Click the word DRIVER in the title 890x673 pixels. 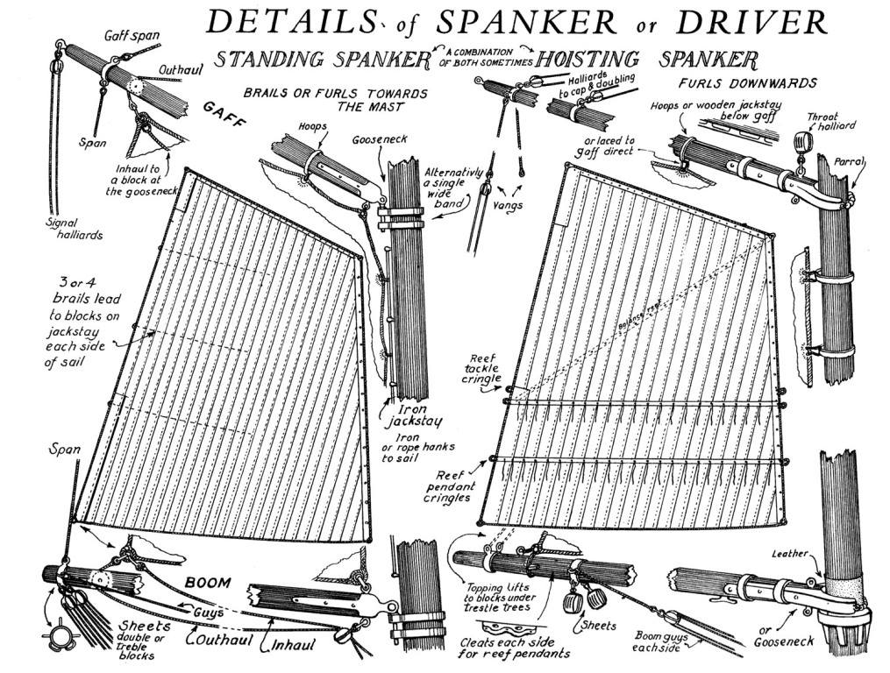coord(764,21)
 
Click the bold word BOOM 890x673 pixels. coord(208,582)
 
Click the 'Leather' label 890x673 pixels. coord(788,554)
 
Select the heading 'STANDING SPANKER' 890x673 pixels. coord(324,60)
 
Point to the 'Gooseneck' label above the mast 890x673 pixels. coord(378,139)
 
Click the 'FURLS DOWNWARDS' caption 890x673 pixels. coord(749,83)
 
